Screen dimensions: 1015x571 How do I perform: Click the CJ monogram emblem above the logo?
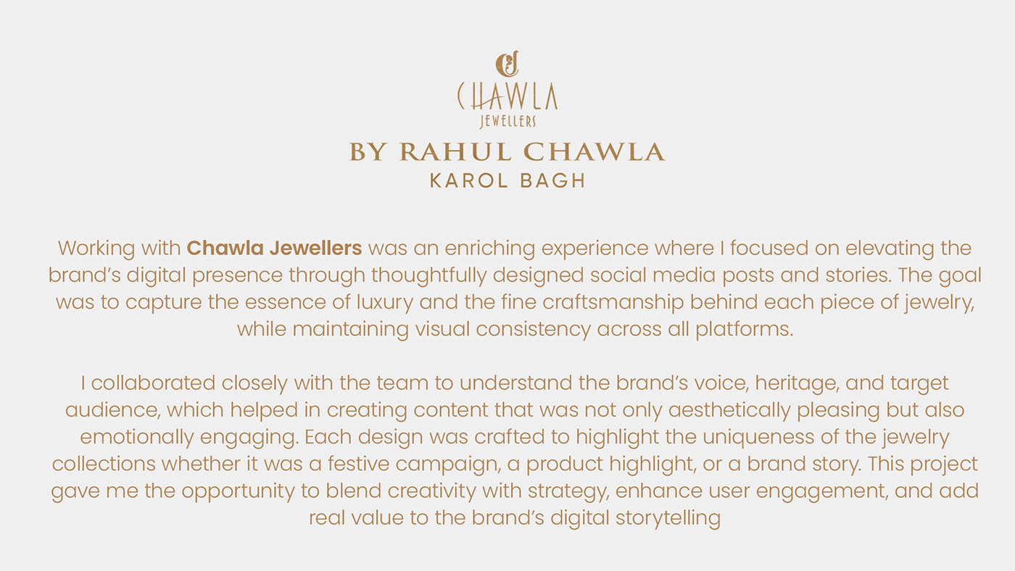point(507,64)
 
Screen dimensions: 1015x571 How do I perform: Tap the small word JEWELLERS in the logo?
point(508,121)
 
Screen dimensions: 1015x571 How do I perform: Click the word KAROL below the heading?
point(469,180)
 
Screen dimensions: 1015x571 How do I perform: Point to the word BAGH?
point(552,180)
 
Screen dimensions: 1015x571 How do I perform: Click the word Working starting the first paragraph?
point(96,249)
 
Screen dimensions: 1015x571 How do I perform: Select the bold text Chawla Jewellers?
point(274,248)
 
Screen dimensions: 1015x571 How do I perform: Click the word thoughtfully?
point(428,276)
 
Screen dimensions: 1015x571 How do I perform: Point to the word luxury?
point(385,303)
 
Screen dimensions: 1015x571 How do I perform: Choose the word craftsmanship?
point(613,303)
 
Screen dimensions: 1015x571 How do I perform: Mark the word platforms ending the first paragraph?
point(745,330)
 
